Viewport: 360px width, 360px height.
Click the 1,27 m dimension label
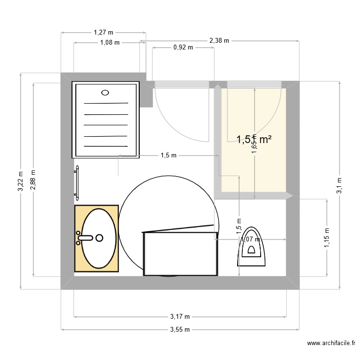coord(103,33)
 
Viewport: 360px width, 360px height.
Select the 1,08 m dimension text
coord(109,42)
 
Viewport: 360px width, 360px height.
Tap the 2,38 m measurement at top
coord(219,41)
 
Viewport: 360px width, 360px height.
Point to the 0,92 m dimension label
coord(183,48)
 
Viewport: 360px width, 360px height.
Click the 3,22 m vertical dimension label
coord(20,182)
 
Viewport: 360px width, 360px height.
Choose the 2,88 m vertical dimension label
coord(33,180)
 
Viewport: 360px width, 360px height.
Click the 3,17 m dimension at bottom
coord(180,316)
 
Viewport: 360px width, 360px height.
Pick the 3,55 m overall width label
coord(180,330)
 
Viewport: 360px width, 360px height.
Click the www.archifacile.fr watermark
coord(331,343)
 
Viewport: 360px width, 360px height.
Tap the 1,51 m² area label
coord(254,139)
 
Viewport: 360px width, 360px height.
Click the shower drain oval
coord(106,93)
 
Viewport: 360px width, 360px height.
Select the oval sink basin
coord(99,238)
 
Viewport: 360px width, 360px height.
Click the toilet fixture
coord(251,246)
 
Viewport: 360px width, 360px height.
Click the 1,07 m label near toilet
coord(250,239)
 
